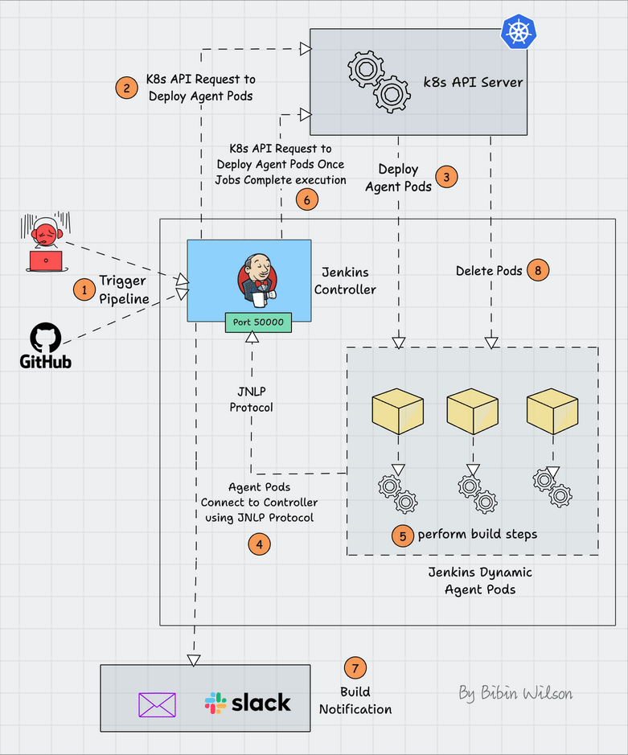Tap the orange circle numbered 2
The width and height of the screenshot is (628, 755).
[125, 88]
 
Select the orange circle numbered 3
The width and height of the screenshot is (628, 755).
[446, 177]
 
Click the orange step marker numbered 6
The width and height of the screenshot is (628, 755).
[307, 199]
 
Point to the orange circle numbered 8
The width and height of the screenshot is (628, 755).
[538, 271]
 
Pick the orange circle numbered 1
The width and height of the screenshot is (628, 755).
[84, 289]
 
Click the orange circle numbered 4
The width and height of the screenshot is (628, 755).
[259, 544]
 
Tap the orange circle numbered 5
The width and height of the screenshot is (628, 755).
[402, 535]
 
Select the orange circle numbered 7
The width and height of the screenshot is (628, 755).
[355, 667]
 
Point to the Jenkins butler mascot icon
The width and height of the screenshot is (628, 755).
[257, 279]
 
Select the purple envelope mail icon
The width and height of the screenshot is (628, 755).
[157, 704]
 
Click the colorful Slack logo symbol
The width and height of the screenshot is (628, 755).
[215, 704]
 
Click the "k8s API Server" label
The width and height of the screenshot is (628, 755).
[474, 82]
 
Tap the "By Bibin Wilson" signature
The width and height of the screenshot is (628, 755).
[515, 692]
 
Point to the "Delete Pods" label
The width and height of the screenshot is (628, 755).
[488, 271]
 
